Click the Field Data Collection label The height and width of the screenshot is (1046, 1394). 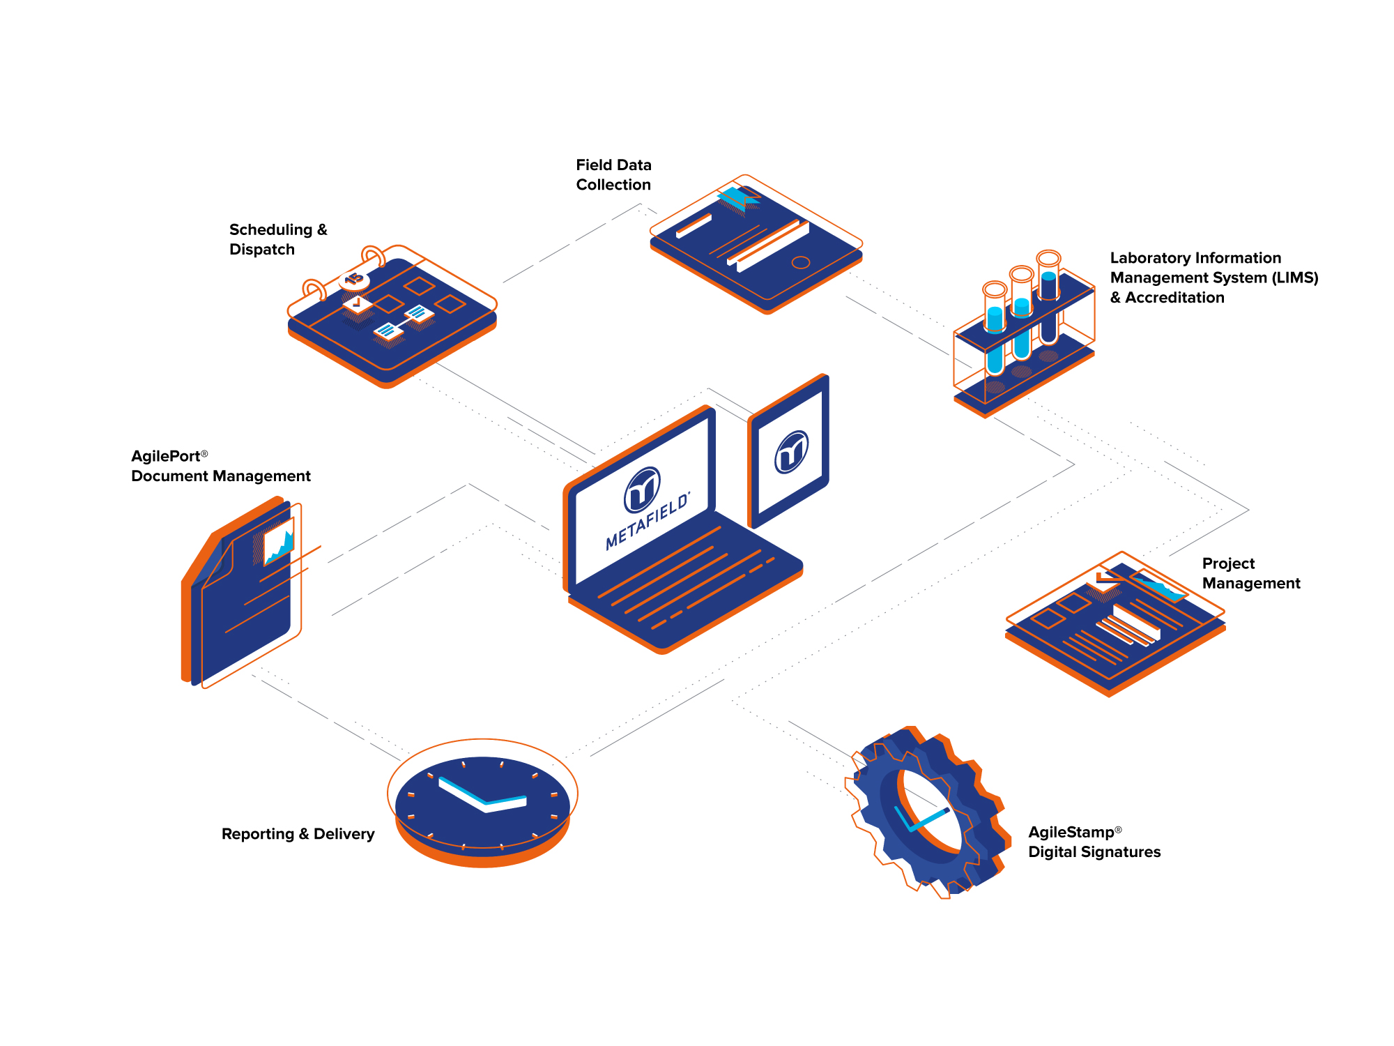pos(613,174)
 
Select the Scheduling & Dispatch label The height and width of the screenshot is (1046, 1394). pos(277,239)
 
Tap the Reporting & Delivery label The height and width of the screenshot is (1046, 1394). pos(298,834)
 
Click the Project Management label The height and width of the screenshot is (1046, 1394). pos(1250,573)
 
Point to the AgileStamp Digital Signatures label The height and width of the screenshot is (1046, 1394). pos(1094,842)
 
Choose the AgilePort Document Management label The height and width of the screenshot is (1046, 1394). pos(220,466)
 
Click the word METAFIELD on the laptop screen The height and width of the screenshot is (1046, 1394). pos(648,521)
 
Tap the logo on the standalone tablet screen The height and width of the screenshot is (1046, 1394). pos(792,452)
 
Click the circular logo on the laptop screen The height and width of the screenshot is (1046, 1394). pos(642,489)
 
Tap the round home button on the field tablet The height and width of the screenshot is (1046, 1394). pos(801,262)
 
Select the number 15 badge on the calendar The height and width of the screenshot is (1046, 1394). pos(354,279)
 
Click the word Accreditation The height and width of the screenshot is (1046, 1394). pos(1174,298)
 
